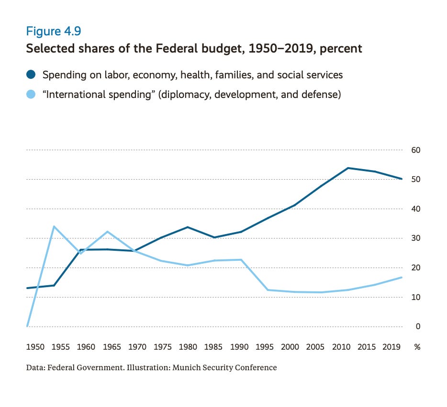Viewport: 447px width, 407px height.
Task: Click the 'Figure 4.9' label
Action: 53,32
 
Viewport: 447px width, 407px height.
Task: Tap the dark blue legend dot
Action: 31,75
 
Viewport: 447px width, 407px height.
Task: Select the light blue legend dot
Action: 31,95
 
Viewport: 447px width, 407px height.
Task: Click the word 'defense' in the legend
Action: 323,95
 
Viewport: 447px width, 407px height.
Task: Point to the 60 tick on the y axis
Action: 415,150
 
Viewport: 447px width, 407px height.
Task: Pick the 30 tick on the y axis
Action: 415,238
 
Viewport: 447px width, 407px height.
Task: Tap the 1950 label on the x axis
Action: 35,347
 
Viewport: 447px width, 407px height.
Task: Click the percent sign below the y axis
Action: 417,347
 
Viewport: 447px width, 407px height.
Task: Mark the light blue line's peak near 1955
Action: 54,226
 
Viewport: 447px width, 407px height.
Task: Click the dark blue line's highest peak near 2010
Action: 348,168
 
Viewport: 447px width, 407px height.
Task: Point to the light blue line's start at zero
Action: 27,326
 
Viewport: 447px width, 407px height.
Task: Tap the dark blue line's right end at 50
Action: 401,179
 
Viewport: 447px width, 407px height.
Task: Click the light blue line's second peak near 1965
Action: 108,232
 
